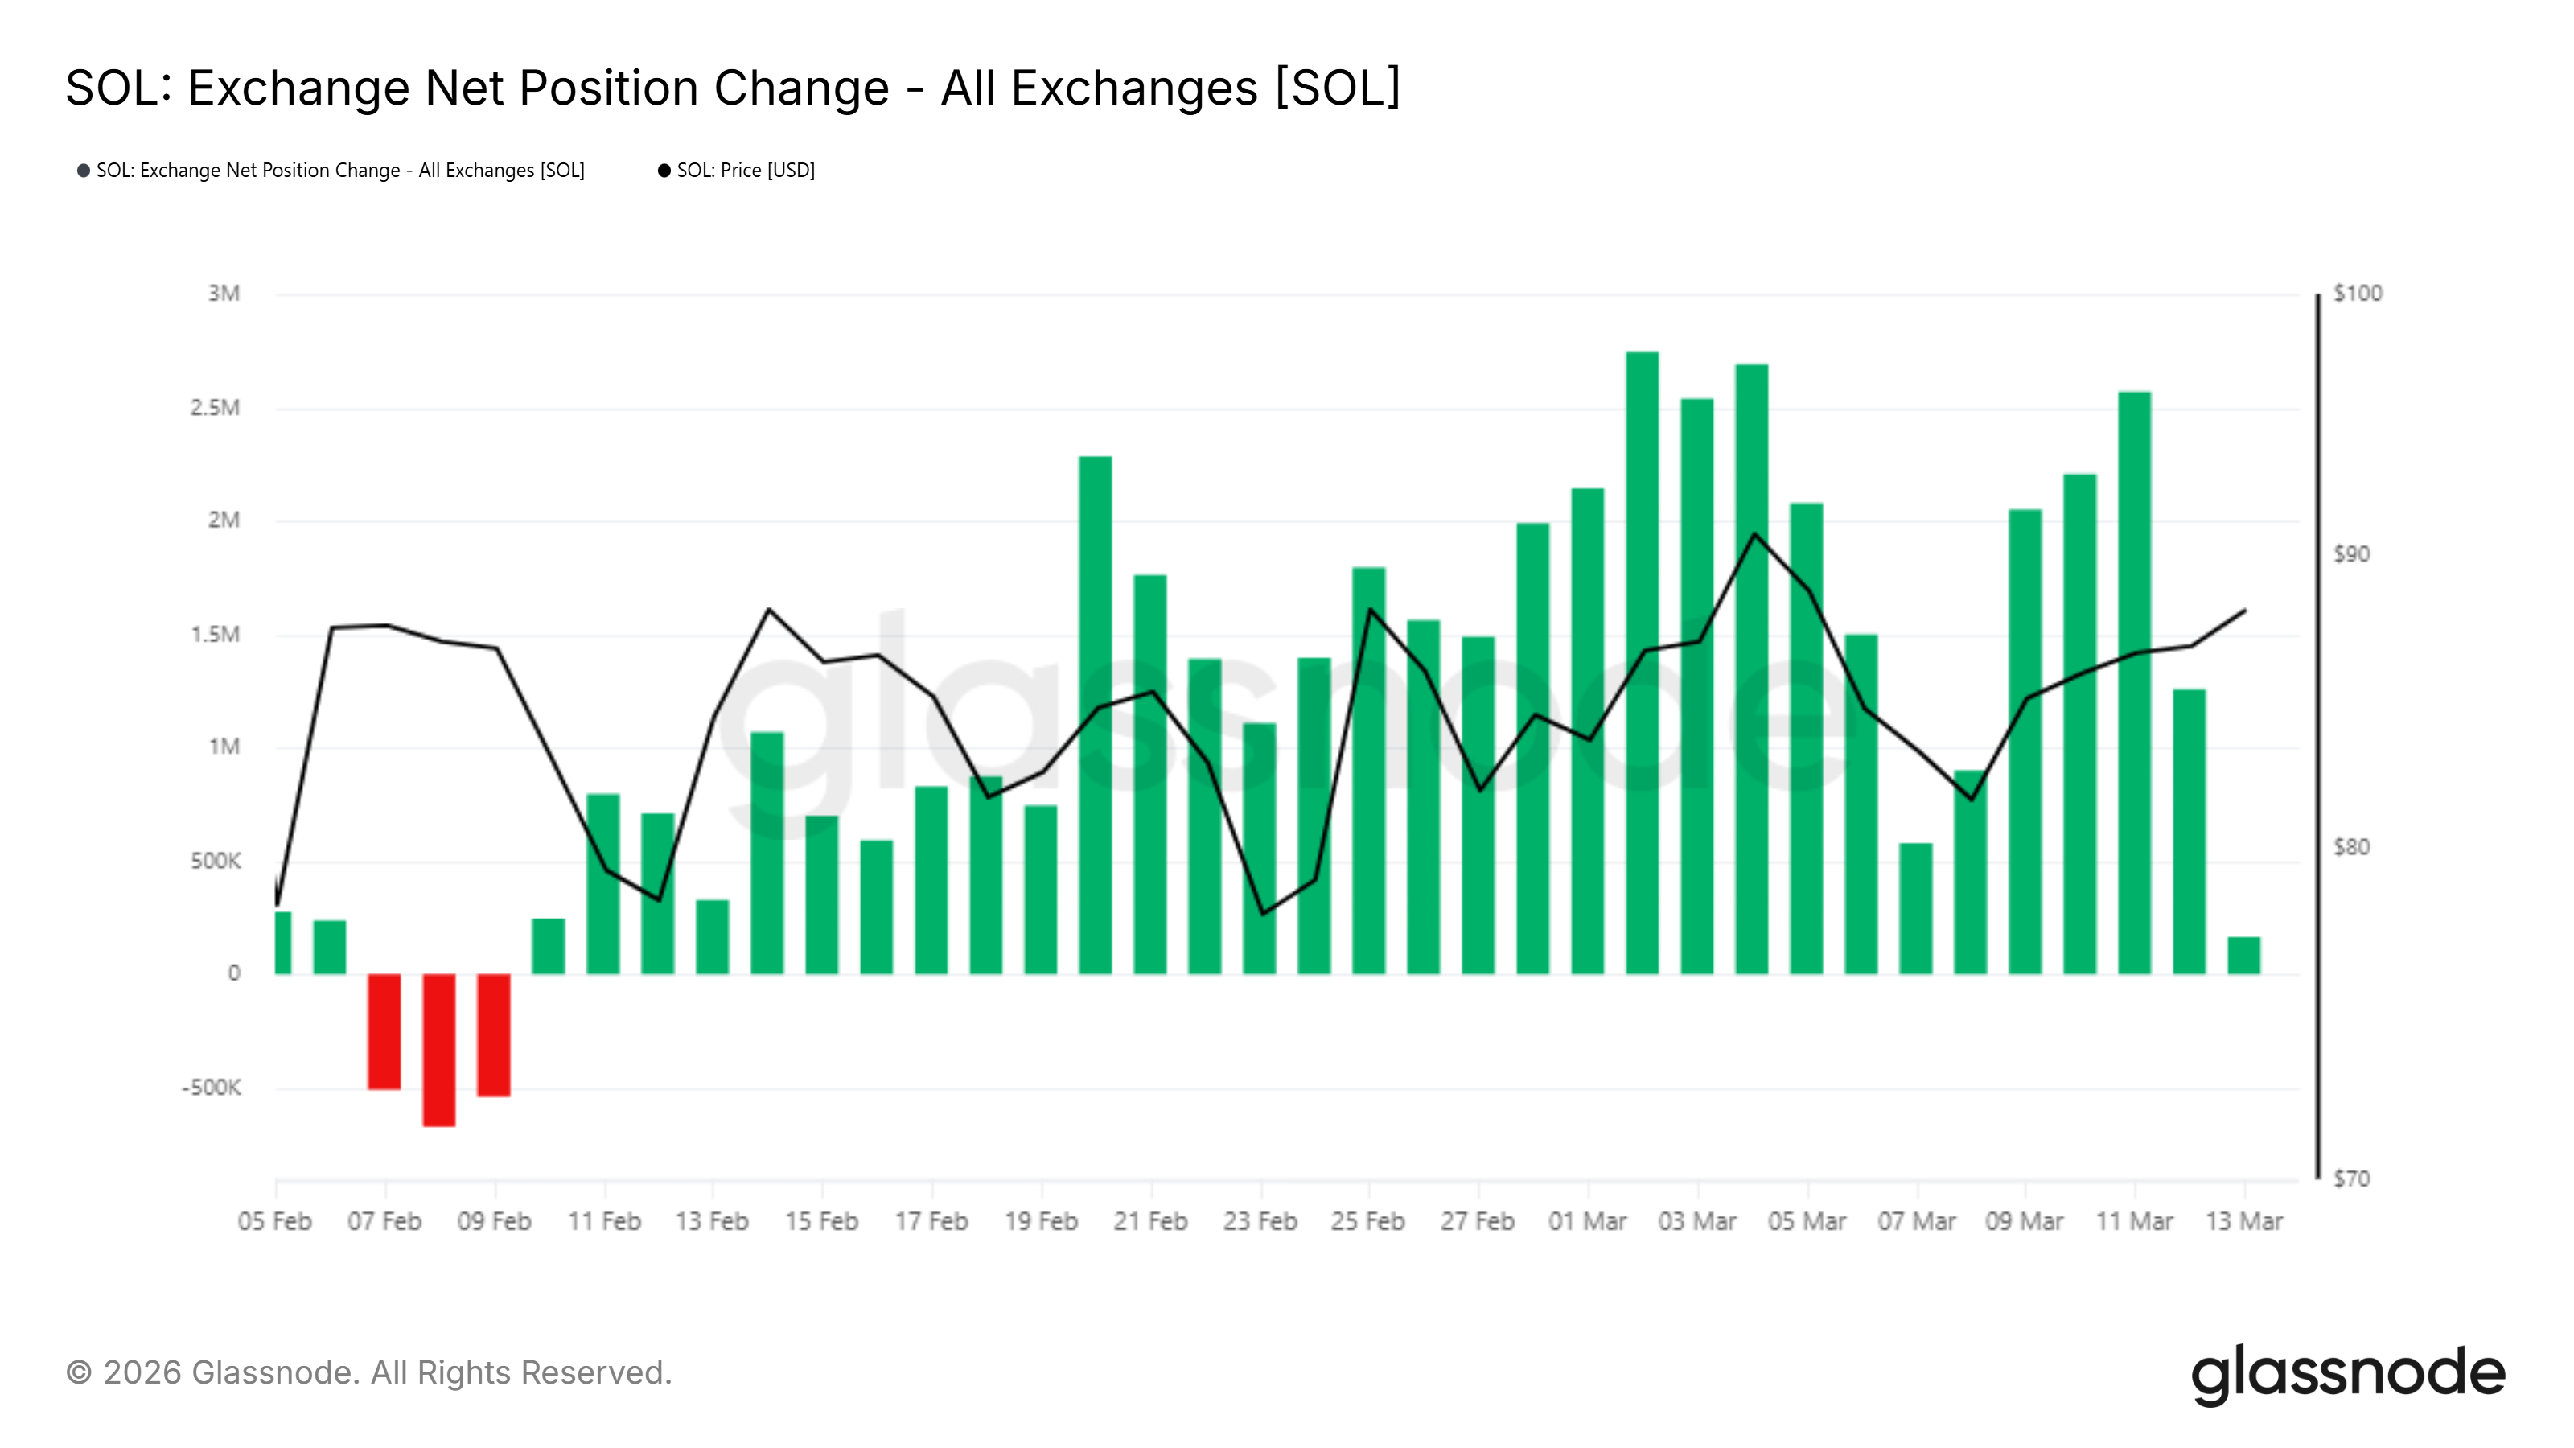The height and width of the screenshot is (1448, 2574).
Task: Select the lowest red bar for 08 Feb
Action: [x=438, y=1049]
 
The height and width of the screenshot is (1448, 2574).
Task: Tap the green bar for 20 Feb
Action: [x=1095, y=714]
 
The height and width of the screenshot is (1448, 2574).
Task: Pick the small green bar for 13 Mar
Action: [x=2243, y=956]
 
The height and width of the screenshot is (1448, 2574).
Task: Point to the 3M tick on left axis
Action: [x=224, y=294]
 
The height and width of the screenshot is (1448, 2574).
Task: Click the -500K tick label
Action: [x=211, y=1088]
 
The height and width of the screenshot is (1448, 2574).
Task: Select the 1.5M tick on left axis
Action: [x=215, y=635]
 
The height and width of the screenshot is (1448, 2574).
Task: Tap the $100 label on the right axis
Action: [x=2357, y=294]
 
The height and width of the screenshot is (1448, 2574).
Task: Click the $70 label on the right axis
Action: [x=2351, y=1179]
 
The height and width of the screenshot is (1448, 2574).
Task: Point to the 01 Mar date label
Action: [x=1587, y=1221]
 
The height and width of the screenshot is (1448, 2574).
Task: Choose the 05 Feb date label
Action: [x=275, y=1221]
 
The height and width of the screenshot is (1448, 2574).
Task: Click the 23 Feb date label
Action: [x=1260, y=1221]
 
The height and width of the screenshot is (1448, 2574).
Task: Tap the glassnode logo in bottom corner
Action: [x=2347, y=1374]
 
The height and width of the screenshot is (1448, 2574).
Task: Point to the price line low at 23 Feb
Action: [x=1263, y=913]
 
